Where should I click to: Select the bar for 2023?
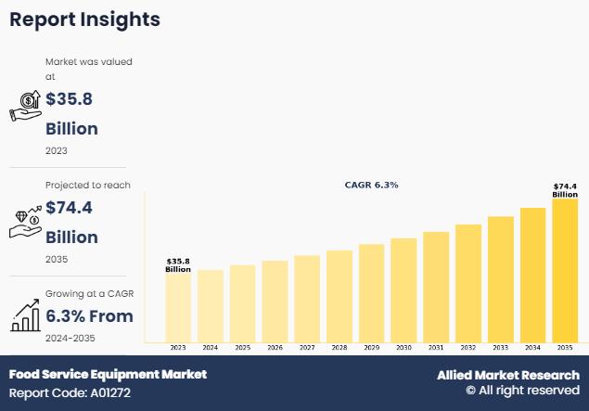click(178, 307)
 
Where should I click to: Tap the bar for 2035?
click(565, 270)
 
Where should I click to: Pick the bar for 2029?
click(371, 293)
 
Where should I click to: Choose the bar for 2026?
click(275, 301)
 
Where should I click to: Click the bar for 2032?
click(468, 283)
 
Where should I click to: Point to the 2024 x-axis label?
click(211, 348)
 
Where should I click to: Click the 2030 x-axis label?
click(403, 348)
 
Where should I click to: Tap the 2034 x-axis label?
click(532, 348)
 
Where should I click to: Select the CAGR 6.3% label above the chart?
click(371, 186)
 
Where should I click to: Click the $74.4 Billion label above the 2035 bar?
click(565, 190)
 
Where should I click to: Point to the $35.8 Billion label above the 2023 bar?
click(178, 265)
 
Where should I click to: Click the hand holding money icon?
click(24, 108)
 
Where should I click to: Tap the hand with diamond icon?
click(24, 220)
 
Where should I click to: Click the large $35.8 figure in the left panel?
click(69, 99)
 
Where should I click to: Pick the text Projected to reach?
click(88, 185)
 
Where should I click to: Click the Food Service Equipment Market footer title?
click(108, 375)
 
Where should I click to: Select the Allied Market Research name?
click(508, 375)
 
